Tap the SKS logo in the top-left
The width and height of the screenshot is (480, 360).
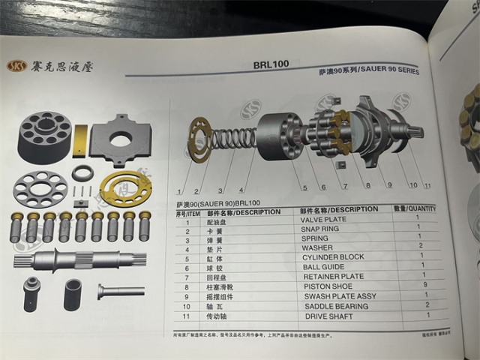coord(16,65)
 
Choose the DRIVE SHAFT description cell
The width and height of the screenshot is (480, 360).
coord(330,316)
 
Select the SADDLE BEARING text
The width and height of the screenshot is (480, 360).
coord(335,306)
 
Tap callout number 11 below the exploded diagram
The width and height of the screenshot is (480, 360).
coord(427,184)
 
